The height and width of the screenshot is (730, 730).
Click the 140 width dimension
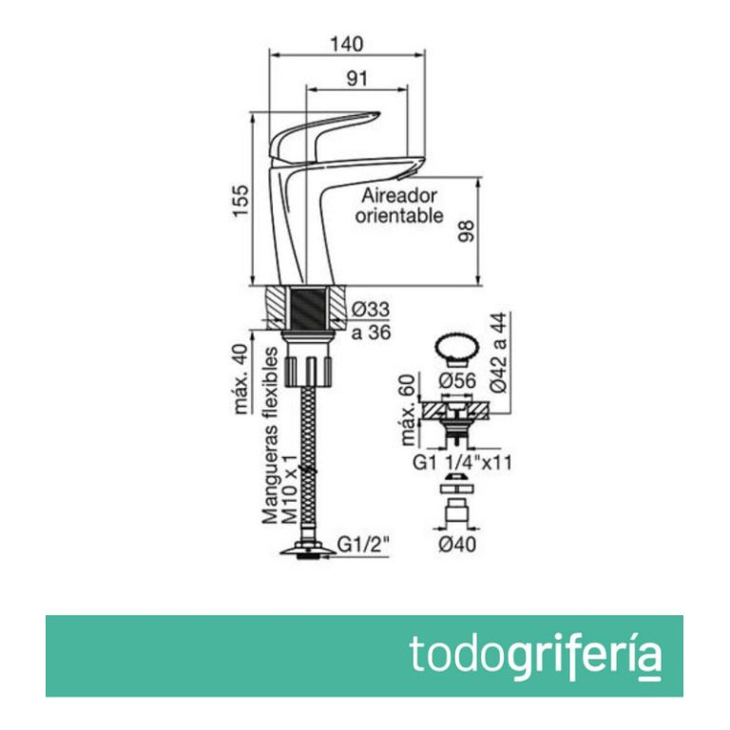[348, 45]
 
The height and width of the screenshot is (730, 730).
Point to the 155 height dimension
[241, 201]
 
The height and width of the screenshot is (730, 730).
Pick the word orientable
[399, 216]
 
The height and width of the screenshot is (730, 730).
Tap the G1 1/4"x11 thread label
[461, 465]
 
